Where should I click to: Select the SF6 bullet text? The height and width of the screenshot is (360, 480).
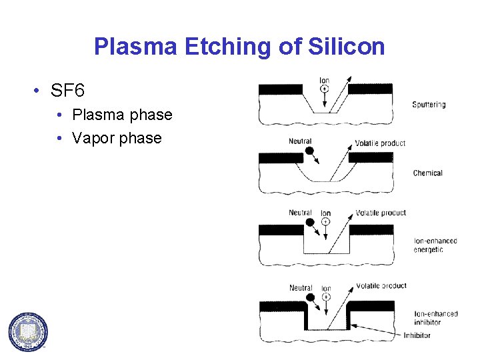(67, 89)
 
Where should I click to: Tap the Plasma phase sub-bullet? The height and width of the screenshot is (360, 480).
(122, 115)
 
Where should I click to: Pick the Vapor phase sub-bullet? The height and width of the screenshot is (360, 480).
(117, 138)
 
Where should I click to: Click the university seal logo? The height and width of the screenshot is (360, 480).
(28, 331)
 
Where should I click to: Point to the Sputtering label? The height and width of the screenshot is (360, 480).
(429, 105)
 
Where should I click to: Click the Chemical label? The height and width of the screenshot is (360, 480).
(427, 173)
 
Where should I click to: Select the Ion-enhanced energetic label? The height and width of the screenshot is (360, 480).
(435, 245)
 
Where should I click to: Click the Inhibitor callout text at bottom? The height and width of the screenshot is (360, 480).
(417, 335)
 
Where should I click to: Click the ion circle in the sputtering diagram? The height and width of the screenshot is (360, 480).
(325, 89)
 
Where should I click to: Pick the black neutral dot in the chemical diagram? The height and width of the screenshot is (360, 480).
(309, 151)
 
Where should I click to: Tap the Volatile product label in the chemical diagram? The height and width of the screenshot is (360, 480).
(380, 143)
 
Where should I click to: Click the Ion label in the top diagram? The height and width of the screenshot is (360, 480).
(325, 81)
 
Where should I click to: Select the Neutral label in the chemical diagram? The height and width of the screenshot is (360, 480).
(300, 141)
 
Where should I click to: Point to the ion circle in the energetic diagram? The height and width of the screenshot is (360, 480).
(326, 221)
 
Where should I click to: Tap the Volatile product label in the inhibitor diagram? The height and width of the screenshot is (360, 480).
(381, 286)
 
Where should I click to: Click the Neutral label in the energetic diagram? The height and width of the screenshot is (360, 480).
(300, 213)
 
